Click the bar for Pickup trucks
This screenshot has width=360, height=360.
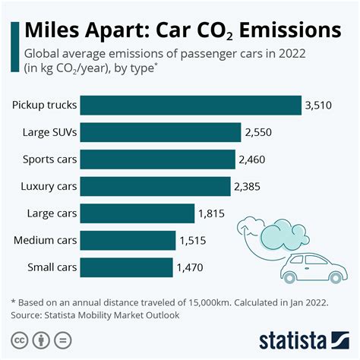[x=189, y=105]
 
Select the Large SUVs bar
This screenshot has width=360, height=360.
[x=160, y=132]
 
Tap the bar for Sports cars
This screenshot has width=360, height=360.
[x=157, y=159]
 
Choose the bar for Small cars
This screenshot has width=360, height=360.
[x=126, y=267]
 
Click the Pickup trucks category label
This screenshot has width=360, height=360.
[x=43, y=105]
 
